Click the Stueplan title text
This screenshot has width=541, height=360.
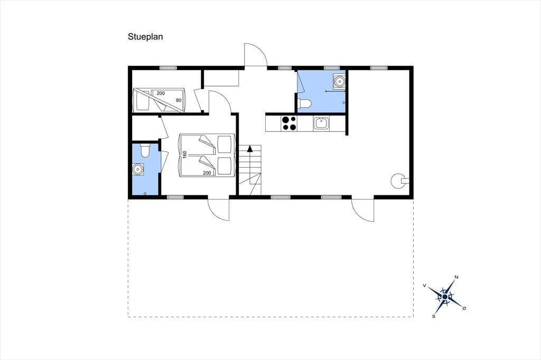[x=145, y=36]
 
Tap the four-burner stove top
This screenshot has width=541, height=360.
[x=289, y=123]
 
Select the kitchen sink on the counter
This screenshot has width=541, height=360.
[x=321, y=124]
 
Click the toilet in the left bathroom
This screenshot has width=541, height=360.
[x=145, y=150]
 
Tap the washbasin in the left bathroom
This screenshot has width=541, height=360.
[x=138, y=169]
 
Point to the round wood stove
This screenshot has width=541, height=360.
[x=397, y=181]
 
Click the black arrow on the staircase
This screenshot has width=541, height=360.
[x=250, y=149]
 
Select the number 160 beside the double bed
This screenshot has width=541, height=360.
[x=184, y=154]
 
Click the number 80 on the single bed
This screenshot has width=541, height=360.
[x=179, y=100]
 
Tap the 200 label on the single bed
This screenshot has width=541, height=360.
[x=161, y=93]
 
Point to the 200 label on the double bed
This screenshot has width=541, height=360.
[x=207, y=173]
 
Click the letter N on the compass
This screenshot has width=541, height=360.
[x=456, y=277]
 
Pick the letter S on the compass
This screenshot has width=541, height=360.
[x=434, y=316]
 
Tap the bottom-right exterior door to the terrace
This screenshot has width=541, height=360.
[x=363, y=210]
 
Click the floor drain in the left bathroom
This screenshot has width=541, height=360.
[x=145, y=193]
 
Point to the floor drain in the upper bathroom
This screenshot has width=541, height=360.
[x=343, y=103]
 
